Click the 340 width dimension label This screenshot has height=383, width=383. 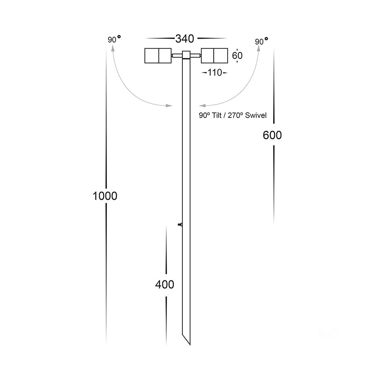185,39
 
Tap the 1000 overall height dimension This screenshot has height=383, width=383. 105,196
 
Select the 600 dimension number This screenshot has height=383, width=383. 272,135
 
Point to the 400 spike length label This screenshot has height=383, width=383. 165,285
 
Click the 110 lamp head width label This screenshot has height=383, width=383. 215,72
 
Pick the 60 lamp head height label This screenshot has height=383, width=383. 237,56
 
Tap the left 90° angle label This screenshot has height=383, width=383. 114,39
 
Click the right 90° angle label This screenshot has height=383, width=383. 261,41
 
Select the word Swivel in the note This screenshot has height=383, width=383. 256,115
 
